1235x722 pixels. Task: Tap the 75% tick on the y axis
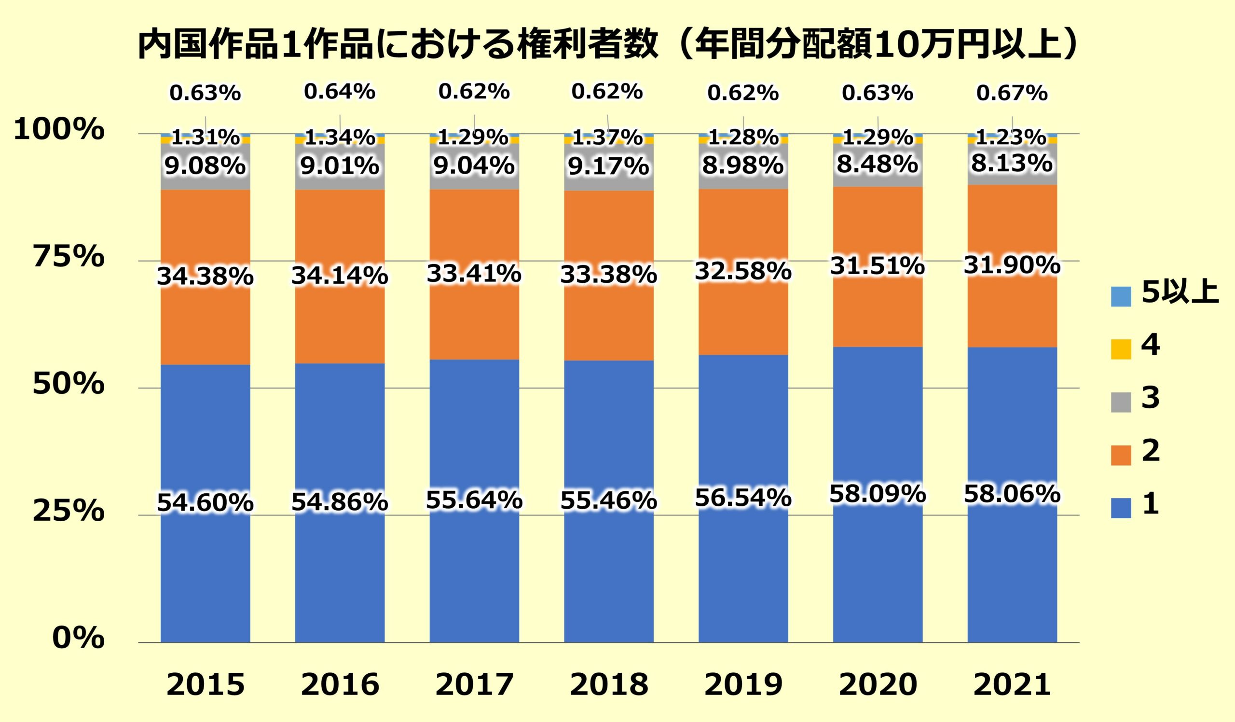pos(69,257)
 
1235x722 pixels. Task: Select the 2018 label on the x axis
pos(609,684)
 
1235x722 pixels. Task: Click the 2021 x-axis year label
pos(1012,684)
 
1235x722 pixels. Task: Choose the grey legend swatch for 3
pos(1121,403)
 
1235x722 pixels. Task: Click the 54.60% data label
pos(206,502)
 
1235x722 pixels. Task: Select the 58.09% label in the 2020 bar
pos(877,494)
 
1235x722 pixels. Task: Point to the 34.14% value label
pos(340,276)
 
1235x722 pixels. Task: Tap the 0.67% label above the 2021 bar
pos(1012,93)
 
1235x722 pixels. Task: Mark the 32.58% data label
pos(743,271)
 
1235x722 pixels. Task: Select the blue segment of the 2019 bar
pos(743,564)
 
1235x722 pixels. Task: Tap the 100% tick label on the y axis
pos(59,130)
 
